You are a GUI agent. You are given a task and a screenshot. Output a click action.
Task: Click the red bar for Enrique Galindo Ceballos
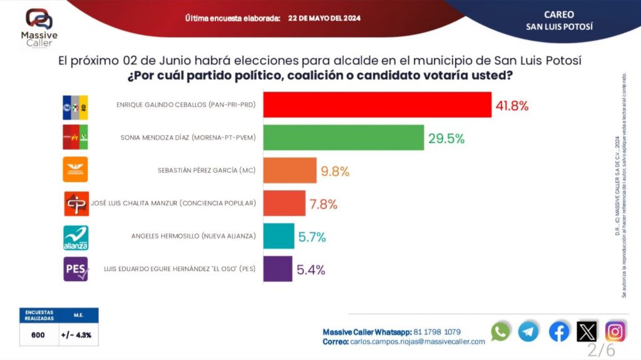click(x=377, y=105)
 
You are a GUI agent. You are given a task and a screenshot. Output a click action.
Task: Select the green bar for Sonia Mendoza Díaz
click(x=344, y=138)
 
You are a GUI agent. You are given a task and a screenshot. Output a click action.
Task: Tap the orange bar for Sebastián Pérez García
click(x=290, y=170)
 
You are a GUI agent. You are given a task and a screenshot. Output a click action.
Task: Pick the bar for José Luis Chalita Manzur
click(x=284, y=203)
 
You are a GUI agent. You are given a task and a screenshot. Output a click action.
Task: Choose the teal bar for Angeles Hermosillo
click(x=279, y=236)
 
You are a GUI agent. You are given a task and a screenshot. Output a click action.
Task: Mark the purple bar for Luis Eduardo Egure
click(x=277, y=269)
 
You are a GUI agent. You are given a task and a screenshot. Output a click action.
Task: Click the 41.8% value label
click(x=513, y=106)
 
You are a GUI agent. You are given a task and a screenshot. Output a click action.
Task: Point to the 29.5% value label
click(x=446, y=139)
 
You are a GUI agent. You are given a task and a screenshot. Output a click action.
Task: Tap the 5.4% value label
click(x=311, y=270)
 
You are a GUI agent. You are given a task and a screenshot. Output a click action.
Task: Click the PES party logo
click(x=76, y=269)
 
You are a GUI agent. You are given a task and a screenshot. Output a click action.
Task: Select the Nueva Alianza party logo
click(x=76, y=237)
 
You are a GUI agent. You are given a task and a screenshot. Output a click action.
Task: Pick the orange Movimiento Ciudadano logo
click(x=76, y=169)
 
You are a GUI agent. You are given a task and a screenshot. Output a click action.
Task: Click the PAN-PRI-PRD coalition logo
click(x=75, y=104)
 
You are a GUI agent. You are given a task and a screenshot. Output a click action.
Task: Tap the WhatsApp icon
click(x=501, y=331)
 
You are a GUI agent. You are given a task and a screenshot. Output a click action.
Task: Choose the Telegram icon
click(x=528, y=331)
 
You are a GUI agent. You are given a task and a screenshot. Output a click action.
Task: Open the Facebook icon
click(x=559, y=331)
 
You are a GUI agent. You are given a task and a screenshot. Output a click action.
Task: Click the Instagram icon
click(x=615, y=331)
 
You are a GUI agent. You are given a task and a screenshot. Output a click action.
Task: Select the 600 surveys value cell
click(x=38, y=335)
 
